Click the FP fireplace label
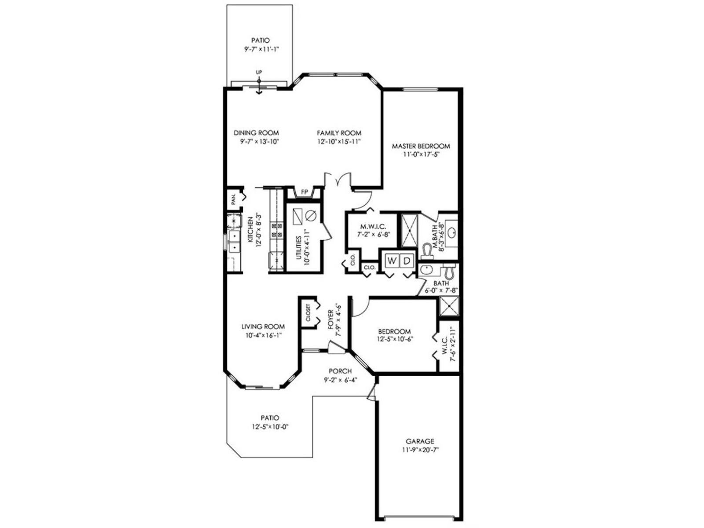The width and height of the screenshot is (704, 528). [304, 192]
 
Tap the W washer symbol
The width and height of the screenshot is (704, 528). [391, 260]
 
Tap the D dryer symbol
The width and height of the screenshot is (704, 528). [407, 260]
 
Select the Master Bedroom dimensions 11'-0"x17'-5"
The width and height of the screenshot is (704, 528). [421, 154]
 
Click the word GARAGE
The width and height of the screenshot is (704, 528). [420, 441]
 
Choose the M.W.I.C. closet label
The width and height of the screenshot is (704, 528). [373, 227]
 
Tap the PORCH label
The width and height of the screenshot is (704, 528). [340, 371]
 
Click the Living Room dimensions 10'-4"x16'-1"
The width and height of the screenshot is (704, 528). [263, 335]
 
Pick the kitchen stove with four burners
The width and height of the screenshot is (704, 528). [277, 231]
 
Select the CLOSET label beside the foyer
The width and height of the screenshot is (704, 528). [308, 312]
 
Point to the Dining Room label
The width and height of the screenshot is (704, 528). [256, 133]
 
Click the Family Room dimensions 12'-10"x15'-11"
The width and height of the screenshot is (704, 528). [339, 142]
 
